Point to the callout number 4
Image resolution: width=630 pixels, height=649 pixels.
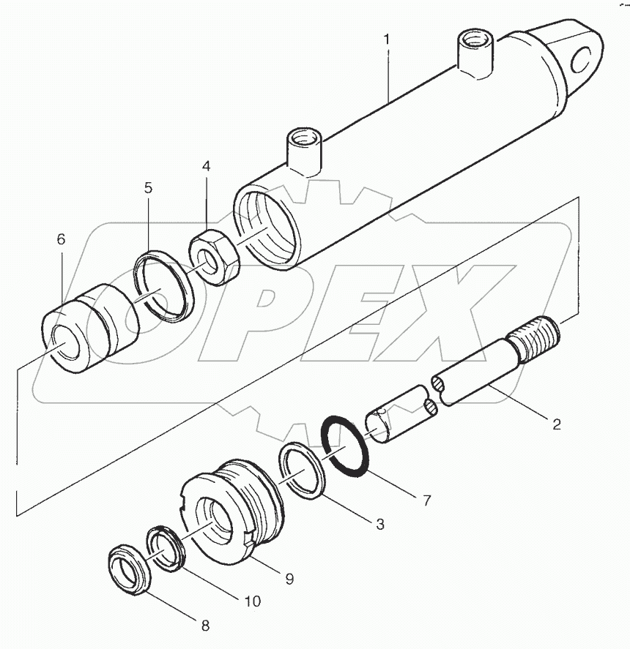207,166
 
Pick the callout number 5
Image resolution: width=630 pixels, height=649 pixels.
148,188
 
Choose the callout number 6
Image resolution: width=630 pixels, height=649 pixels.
61,239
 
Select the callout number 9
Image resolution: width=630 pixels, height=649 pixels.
289,578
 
